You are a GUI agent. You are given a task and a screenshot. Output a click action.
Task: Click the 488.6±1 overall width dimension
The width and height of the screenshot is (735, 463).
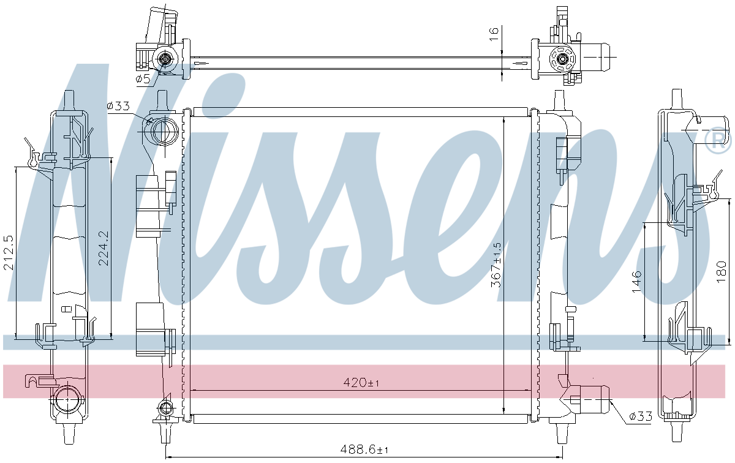tap(364, 449)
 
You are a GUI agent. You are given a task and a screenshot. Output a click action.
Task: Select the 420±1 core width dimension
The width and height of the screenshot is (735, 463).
tap(361, 382)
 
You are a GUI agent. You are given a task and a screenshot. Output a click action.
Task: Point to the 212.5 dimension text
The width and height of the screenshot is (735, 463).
tap(9, 252)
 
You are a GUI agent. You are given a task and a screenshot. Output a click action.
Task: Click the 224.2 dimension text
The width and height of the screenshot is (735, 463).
tap(104, 248)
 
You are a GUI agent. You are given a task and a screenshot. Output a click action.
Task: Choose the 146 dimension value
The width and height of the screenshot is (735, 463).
tap(636, 282)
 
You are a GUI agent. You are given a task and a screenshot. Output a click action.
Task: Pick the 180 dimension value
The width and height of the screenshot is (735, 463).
tap(722, 272)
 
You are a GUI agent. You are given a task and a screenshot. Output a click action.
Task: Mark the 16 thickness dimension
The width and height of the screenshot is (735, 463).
tap(494, 34)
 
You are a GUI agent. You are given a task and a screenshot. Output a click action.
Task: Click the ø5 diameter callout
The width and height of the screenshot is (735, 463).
tap(143, 78)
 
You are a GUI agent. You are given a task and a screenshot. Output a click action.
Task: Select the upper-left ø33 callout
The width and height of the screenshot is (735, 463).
tap(118, 106)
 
